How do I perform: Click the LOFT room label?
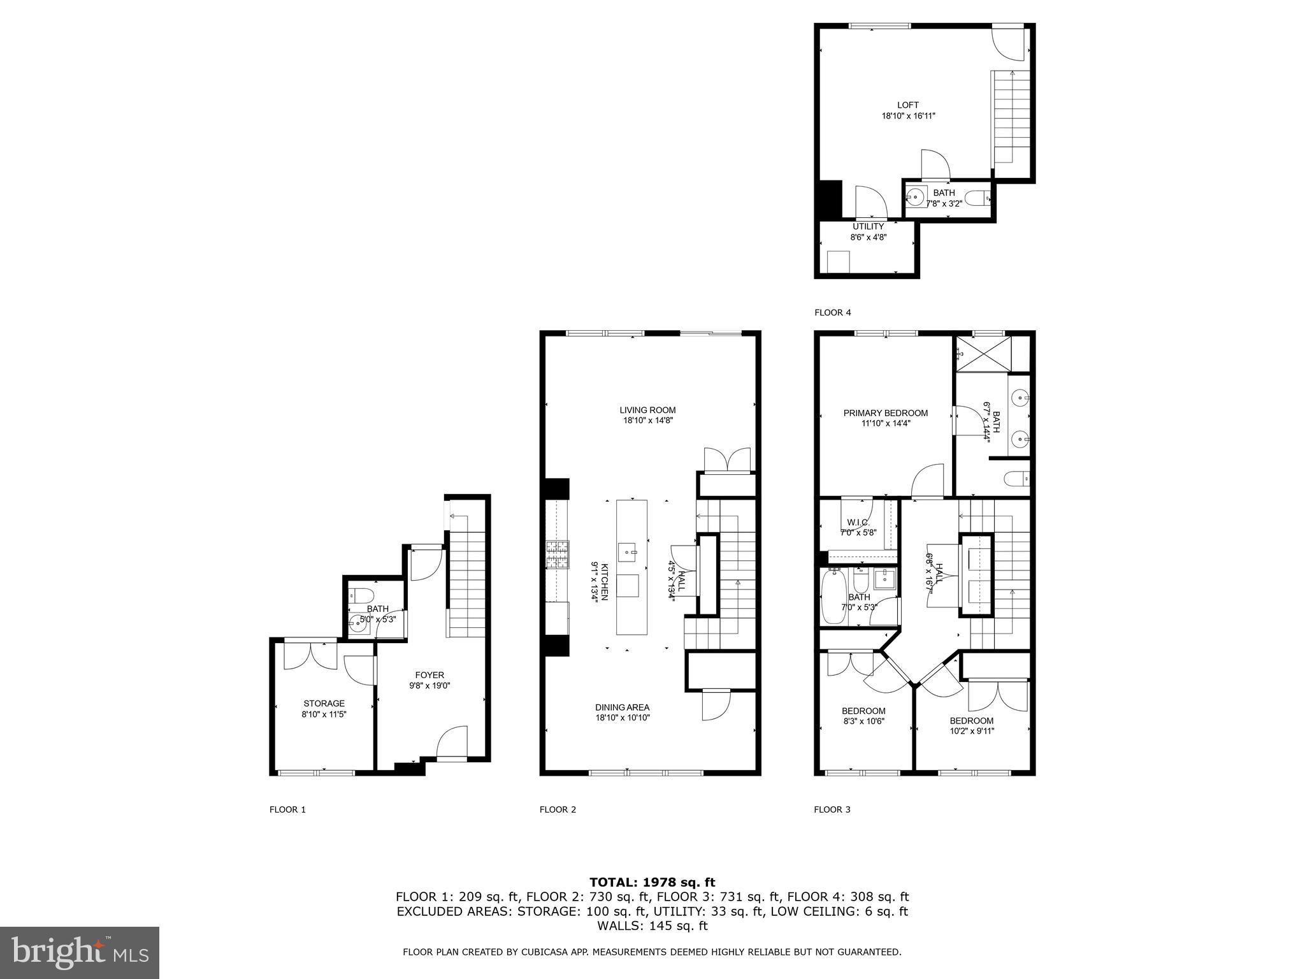click(908, 105)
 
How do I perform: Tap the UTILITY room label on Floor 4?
click(868, 226)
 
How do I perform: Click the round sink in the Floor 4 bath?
click(916, 198)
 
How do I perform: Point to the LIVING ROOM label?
click(647, 410)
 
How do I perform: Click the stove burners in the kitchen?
click(556, 554)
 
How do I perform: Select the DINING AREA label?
click(622, 707)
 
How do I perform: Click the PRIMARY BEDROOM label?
click(885, 413)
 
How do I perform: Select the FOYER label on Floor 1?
click(429, 675)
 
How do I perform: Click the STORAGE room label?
click(324, 704)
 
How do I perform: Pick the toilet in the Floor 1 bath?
click(361, 595)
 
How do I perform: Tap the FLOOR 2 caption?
click(558, 809)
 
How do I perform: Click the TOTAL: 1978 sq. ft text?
click(652, 882)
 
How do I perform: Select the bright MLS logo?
click(80, 952)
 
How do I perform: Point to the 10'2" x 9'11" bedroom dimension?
click(972, 731)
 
